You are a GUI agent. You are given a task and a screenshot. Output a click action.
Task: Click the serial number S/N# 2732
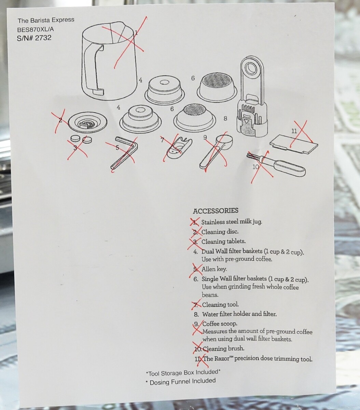pyautogui.click(x=34, y=38)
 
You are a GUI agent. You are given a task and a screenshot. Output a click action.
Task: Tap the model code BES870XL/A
pyautogui.click(x=36, y=29)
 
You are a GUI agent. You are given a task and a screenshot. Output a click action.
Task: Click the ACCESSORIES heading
pyautogui.click(x=216, y=211)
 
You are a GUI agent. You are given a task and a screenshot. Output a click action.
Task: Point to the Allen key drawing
pyautogui.click(x=124, y=153)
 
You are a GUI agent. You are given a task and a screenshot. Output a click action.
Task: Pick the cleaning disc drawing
pyautogui.click(x=88, y=121)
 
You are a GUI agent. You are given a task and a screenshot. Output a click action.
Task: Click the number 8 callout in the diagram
pyautogui.click(x=225, y=118)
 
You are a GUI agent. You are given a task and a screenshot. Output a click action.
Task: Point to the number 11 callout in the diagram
pyautogui.click(x=294, y=131)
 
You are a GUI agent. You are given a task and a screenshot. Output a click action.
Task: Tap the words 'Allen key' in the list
pyautogui.click(x=214, y=269)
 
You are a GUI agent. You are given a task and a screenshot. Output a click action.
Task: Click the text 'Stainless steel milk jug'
pyautogui.click(x=231, y=222)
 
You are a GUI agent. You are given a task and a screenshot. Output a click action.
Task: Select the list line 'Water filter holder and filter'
pyautogui.click(x=239, y=314)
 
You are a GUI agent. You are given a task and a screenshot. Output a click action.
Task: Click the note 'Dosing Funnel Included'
pyautogui.click(x=180, y=382)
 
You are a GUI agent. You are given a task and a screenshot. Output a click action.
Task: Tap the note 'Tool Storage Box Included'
pyautogui.click(x=183, y=372)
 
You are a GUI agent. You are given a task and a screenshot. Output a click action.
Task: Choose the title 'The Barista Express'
pyautogui.click(x=46, y=20)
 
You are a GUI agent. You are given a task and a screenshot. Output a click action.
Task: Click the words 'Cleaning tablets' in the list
pyautogui.click(x=223, y=242)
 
